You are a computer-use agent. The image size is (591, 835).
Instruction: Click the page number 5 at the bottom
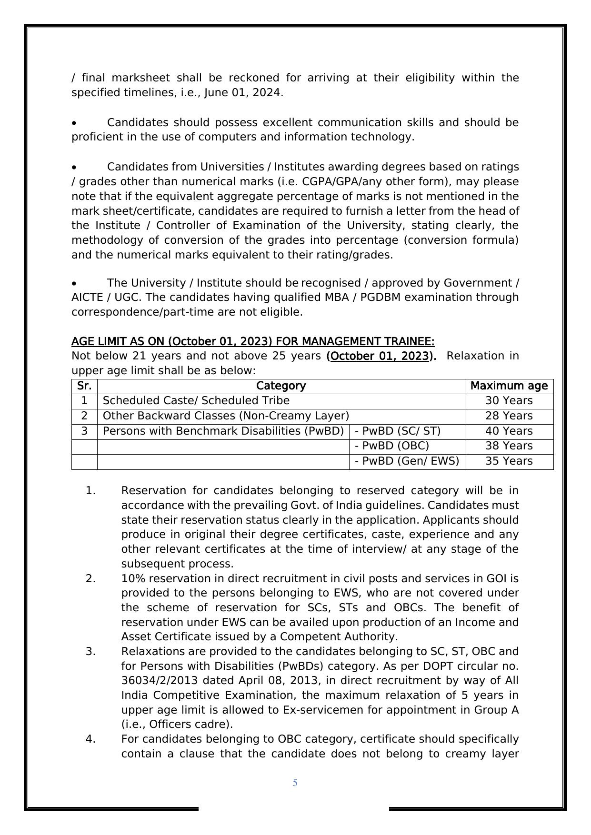coord(295,783)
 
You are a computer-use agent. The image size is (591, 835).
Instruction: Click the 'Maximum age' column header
coord(509,386)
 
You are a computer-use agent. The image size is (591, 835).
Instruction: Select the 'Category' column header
coord(280,386)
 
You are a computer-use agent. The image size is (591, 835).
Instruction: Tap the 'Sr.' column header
coord(84,386)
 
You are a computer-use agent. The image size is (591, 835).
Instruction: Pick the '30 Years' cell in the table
coord(509,401)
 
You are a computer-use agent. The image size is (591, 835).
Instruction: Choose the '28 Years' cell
coord(509,416)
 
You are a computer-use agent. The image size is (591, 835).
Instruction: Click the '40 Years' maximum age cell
coord(509,431)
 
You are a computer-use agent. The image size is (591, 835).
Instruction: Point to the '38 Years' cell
coord(509,446)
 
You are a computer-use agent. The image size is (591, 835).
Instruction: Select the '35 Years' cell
coord(509,461)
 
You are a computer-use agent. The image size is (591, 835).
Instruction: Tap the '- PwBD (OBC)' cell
coord(392,446)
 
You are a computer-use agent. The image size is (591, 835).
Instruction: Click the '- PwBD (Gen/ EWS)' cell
coord(407,461)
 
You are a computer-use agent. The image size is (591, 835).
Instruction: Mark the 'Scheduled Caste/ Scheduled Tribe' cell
coord(196,401)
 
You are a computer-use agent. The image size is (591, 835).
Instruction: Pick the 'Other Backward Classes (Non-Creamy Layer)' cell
coord(226,416)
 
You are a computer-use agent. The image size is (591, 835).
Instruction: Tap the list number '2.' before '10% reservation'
coord(90,579)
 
